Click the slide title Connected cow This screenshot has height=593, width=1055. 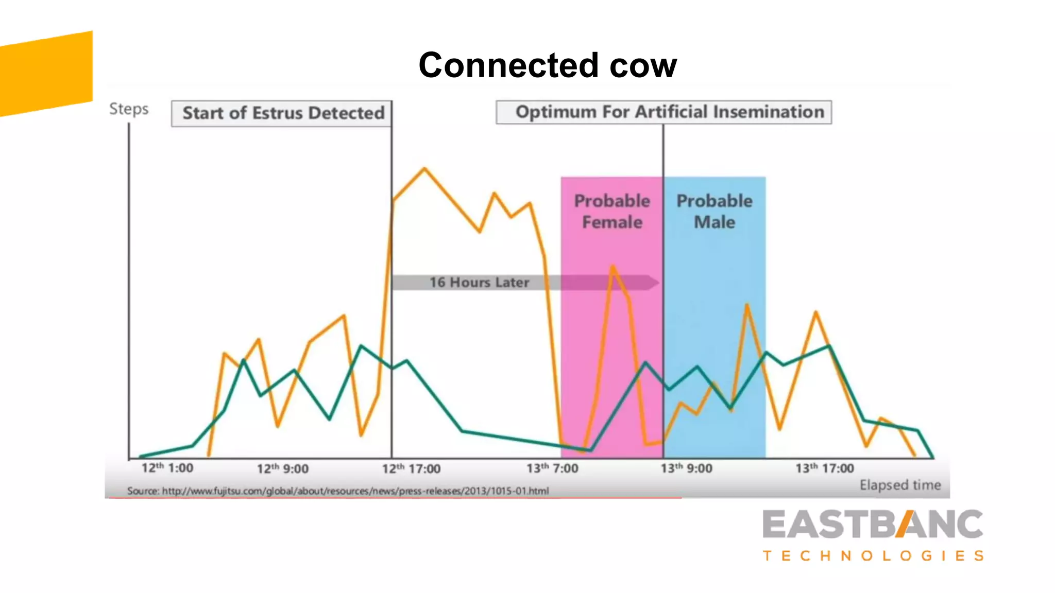point(547,65)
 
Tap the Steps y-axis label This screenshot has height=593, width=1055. point(129,109)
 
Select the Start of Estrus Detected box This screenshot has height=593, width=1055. point(282,113)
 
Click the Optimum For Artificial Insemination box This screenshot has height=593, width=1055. point(663,112)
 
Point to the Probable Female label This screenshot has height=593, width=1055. point(612,211)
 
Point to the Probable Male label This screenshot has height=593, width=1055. point(714,211)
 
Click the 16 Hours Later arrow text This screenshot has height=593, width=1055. point(479,283)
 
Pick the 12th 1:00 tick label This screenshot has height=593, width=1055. point(167,468)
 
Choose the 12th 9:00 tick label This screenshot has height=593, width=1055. point(283,468)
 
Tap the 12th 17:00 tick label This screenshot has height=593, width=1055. point(411,468)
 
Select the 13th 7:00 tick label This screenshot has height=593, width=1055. point(552,468)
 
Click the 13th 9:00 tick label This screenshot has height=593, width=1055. point(686,468)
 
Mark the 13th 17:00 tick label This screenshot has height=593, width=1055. point(824,468)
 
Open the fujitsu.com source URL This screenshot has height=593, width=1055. point(355,491)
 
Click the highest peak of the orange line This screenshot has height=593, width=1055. point(424,168)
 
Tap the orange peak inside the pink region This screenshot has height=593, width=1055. point(612,266)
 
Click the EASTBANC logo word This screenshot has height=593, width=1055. point(873,525)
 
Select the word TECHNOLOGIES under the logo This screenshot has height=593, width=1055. point(873,556)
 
